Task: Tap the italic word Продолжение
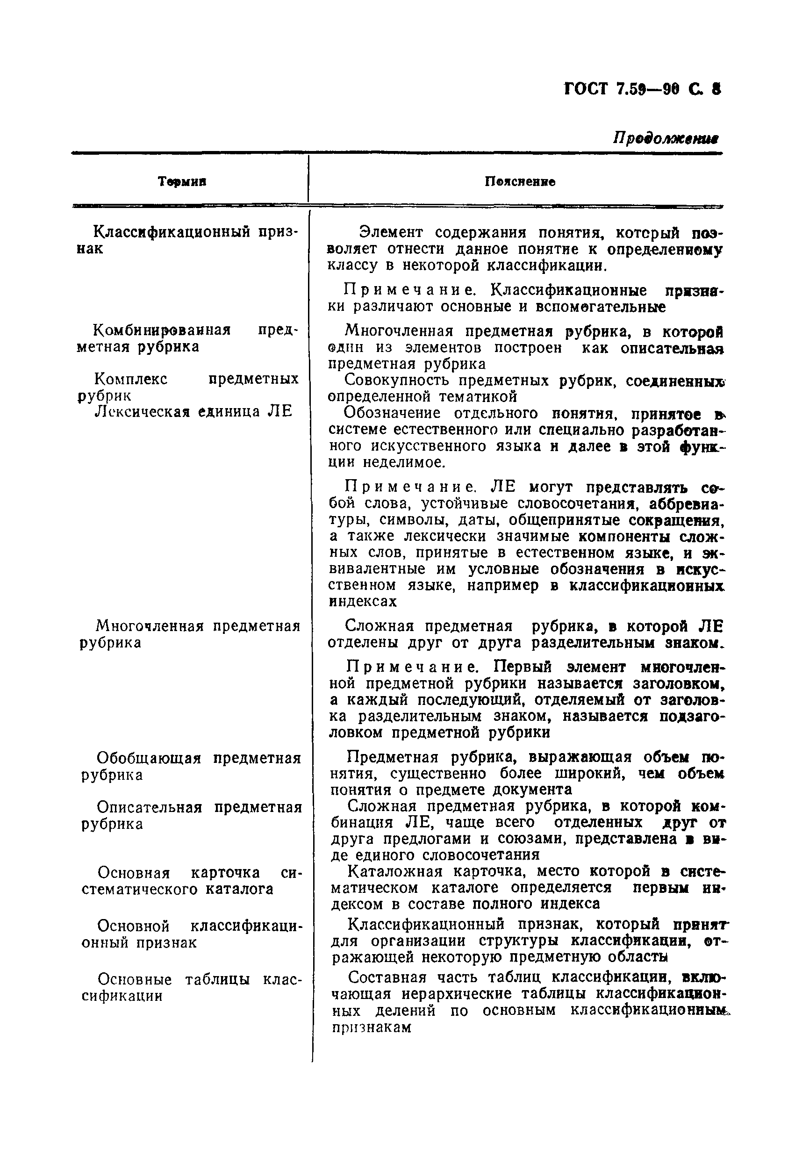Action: pos(665,137)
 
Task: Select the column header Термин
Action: pos(182,181)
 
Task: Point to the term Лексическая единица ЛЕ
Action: pos(193,412)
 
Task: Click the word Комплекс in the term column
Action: pos(131,379)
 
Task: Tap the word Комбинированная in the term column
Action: pos(162,330)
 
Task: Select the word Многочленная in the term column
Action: pos(150,626)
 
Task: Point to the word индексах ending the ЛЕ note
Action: pos(363,602)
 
